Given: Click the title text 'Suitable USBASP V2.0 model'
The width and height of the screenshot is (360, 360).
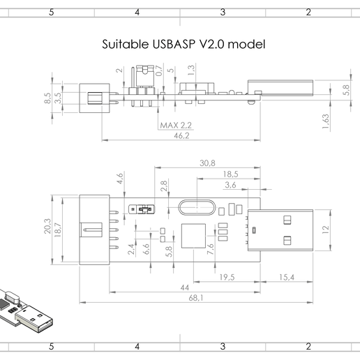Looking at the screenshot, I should tap(183, 44).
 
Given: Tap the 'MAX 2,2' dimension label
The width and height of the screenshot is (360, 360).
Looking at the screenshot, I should tap(176, 125).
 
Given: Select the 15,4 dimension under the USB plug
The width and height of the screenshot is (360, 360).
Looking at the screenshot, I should tap(286, 278).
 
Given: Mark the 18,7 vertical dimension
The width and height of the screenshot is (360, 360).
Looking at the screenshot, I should tap(59, 229).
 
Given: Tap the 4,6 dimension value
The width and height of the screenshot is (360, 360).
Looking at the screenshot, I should tap(119, 179).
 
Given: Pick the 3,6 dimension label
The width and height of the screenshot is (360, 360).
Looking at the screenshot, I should tap(231, 185).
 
